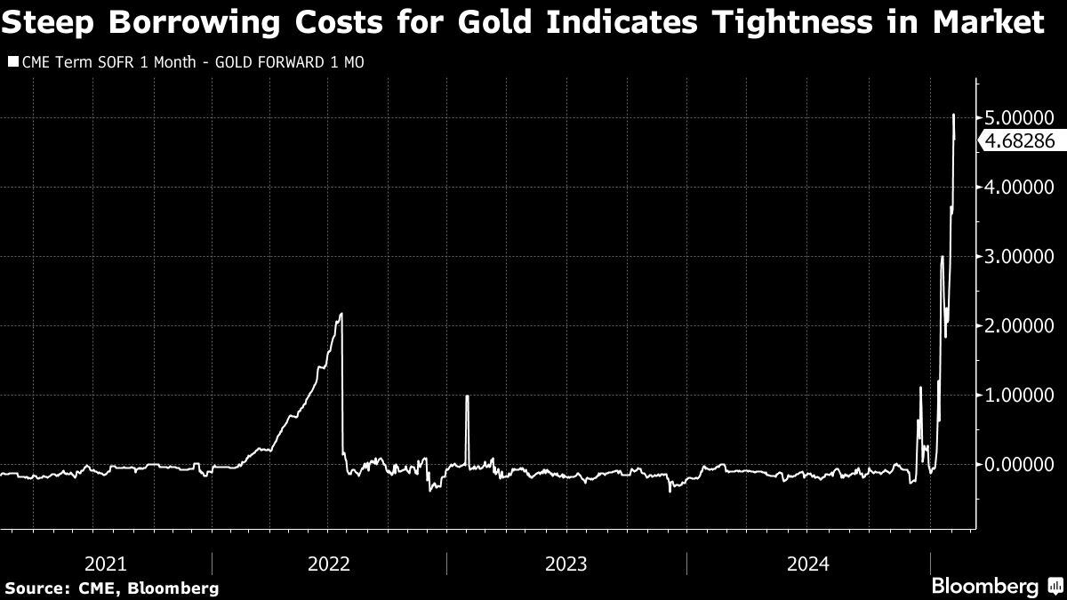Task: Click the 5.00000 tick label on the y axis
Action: click(1022, 117)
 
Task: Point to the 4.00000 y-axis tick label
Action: click(1022, 187)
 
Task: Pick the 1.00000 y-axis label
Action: click(1022, 395)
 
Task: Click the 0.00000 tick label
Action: click(1022, 464)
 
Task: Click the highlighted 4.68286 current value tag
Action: click(1020, 140)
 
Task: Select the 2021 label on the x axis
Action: click(105, 564)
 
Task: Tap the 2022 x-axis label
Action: click(329, 564)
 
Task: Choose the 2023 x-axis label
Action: click(566, 564)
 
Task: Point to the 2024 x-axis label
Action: click(807, 564)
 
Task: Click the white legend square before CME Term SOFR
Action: click(12, 62)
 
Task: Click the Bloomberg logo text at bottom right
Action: click(984, 587)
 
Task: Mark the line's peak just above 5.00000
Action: click(954, 115)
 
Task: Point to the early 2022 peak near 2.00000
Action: click(341, 314)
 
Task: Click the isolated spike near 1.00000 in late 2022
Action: click(467, 397)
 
